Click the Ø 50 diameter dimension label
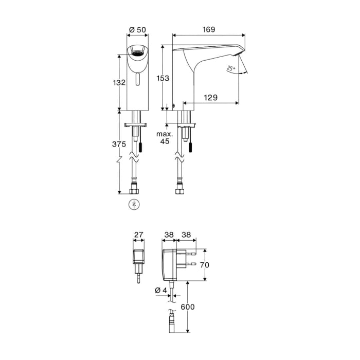pyautogui.click(x=137, y=30)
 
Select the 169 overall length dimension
pyautogui.click(x=209, y=30)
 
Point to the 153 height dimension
pyautogui.click(x=163, y=78)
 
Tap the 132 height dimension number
pyautogui.click(x=119, y=83)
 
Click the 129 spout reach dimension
pyautogui.click(x=210, y=97)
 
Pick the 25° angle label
pyautogui.click(x=230, y=68)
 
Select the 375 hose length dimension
pyautogui.click(x=119, y=145)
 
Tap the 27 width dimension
pyautogui.click(x=138, y=235)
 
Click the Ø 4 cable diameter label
pyautogui.click(x=160, y=291)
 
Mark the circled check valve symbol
pyautogui.click(x=135, y=204)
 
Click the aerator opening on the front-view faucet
pyautogui.click(x=136, y=52)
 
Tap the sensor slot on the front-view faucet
pyautogui.click(x=137, y=80)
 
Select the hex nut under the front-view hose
pyautogui.click(x=135, y=191)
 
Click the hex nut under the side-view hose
pyautogui.click(x=179, y=191)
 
